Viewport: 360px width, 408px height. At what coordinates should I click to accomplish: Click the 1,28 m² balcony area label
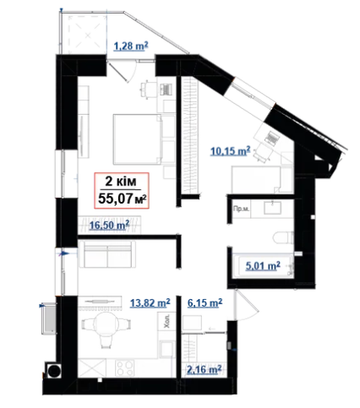131,46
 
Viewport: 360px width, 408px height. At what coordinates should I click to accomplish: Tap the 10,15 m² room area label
231,151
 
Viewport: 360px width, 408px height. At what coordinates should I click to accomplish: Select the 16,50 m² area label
109,225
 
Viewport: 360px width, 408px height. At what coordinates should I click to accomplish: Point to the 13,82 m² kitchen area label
150,303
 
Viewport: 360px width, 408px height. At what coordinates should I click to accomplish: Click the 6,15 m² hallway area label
205,303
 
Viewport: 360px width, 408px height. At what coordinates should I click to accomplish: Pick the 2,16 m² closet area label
204,369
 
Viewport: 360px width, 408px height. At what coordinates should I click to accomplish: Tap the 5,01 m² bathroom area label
263,266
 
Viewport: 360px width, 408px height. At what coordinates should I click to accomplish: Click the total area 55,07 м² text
123,199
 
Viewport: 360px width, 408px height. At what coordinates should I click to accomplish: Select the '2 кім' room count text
121,182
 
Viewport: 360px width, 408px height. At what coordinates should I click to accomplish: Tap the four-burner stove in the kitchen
125,368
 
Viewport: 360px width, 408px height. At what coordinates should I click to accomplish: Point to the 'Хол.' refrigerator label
167,321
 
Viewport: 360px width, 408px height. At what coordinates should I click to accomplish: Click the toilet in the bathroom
283,237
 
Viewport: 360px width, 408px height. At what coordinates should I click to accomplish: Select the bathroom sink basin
273,208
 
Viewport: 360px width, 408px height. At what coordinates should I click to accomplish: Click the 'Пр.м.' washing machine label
241,209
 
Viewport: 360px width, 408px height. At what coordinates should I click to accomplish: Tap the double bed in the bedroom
137,139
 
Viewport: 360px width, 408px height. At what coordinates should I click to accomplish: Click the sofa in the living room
107,254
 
